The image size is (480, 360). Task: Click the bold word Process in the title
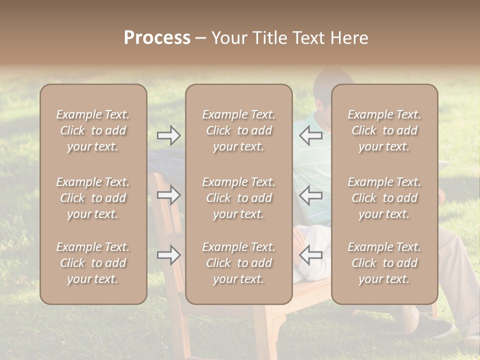click(x=157, y=38)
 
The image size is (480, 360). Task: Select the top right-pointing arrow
click(x=169, y=135)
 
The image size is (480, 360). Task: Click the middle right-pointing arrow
click(x=169, y=195)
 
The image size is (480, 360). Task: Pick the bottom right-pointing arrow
click(x=169, y=255)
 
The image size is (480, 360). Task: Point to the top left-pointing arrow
click(x=311, y=135)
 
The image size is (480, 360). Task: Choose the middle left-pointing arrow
click(x=311, y=195)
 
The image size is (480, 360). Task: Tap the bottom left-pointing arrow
click(x=311, y=255)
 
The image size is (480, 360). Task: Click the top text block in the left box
click(x=93, y=130)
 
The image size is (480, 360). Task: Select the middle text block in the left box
click(x=93, y=198)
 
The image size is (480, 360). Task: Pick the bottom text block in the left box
click(x=93, y=263)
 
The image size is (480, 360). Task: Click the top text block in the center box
click(x=239, y=130)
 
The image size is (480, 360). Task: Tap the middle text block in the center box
click(x=239, y=198)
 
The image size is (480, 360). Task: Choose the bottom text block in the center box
click(x=239, y=263)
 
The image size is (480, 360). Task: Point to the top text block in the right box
click(x=384, y=130)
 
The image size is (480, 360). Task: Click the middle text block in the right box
click(x=384, y=198)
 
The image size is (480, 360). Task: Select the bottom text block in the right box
click(x=384, y=263)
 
